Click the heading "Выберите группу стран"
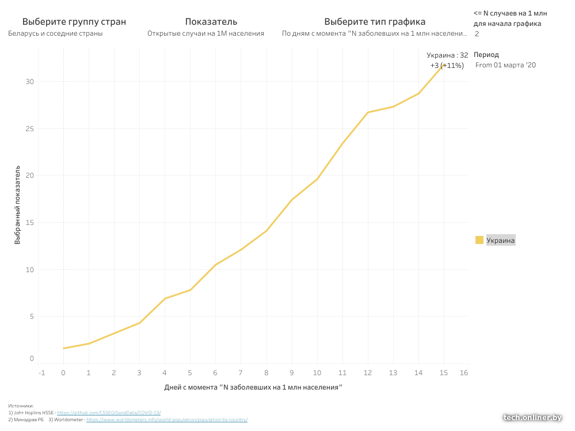tap(74, 22)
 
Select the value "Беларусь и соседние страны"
tap(55, 33)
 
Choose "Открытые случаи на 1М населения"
tap(205, 33)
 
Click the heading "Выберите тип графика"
tap(375, 22)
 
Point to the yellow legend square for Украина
tap(479, 240)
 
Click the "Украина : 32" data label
tap(447, 55)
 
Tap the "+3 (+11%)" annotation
tap(447, 66)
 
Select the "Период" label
tap(486, 55)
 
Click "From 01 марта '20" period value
tap(505, 65)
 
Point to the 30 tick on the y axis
tap(30, 82)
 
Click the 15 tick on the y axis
tap(30, 223)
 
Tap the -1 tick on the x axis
tap(41, 373)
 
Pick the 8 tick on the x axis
tap(266, 373)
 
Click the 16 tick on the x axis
tap(464, 373)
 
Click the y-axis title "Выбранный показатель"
tap(18, 205)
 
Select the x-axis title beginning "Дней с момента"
tap(253, 387)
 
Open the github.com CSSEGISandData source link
tap(109, 413)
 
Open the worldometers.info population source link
tap(167, 419)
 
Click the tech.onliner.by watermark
tap(532, 418)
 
